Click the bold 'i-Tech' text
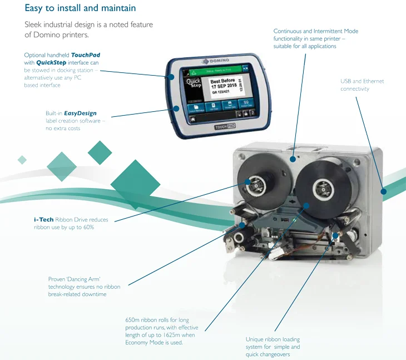point(44,220)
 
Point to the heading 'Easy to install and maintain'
point(80,8)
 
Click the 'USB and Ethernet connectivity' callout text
point(362,85)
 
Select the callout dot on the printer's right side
point(383,191)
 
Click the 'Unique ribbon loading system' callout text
point(273,343)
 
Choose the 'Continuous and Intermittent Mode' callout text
point(315,38)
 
